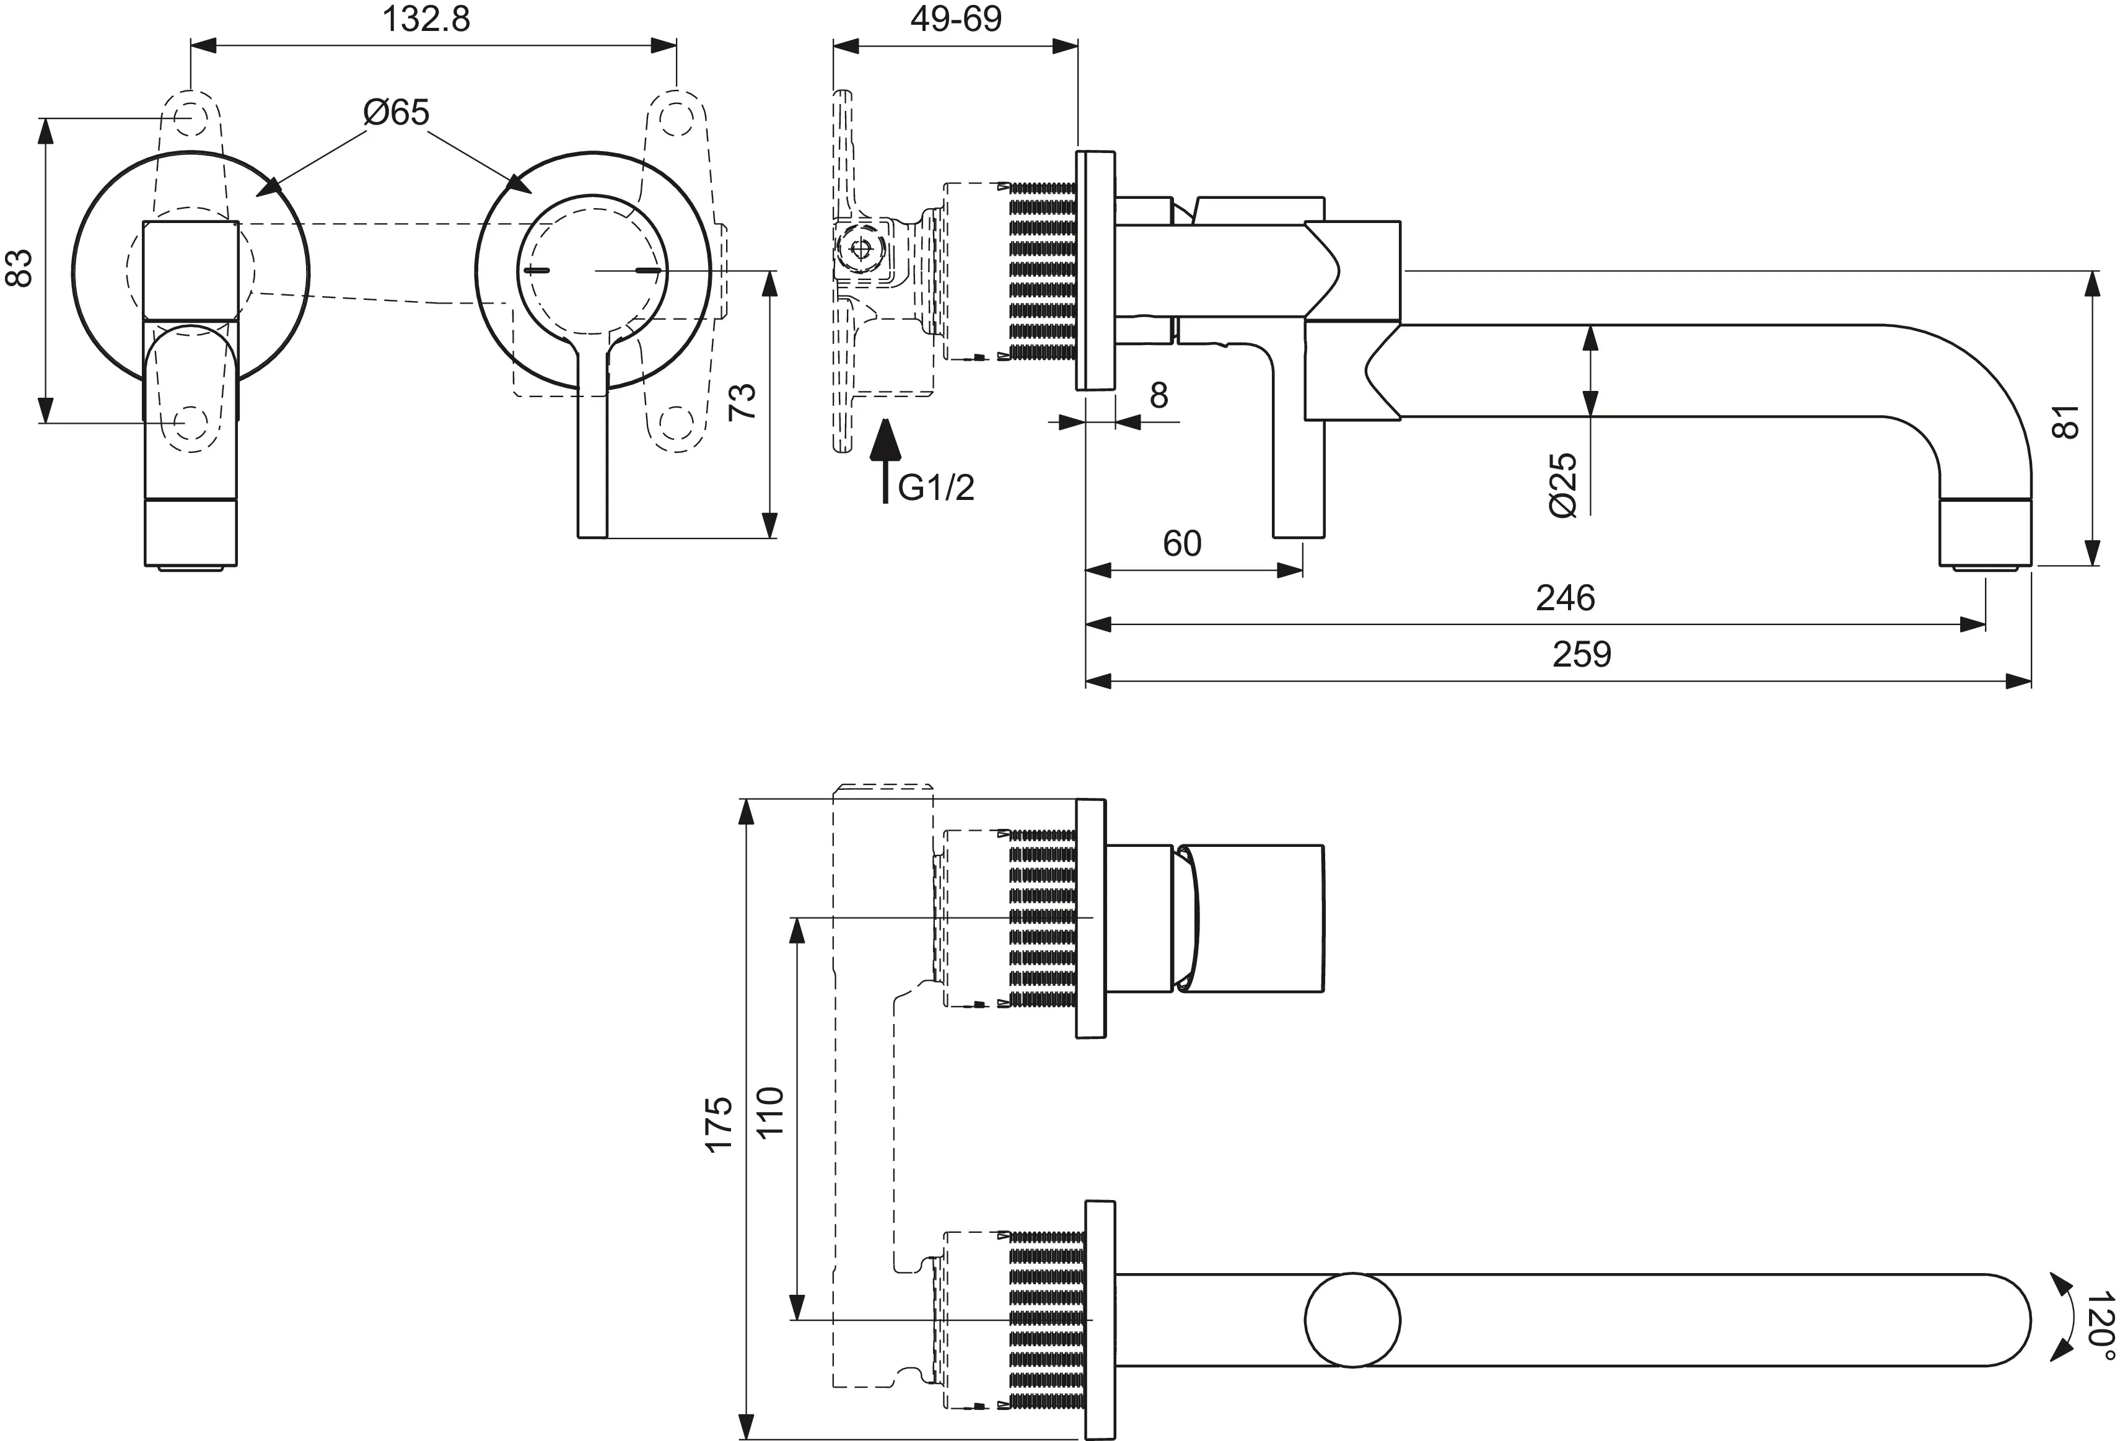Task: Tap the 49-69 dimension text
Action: click(955, 19)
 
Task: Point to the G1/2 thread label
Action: click(936, 488)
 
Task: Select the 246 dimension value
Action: click(1566, 598)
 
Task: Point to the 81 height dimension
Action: click(2065, 421)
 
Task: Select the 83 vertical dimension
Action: click(20, 268)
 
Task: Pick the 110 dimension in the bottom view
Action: click(771, 1111)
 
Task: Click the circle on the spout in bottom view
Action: click(1352, 1320)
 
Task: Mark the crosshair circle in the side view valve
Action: click(859, 248)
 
